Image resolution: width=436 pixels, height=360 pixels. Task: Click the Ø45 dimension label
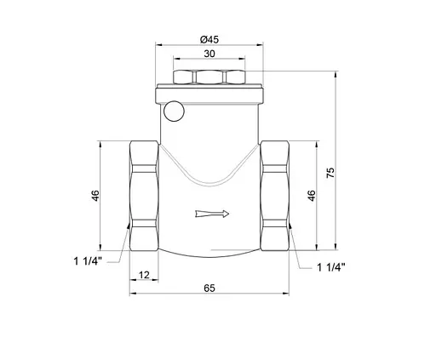(x=209, y=39)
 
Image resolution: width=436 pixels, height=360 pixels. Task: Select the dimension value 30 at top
(x=209, y=54)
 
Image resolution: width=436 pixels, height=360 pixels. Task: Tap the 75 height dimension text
(x=329, y=171)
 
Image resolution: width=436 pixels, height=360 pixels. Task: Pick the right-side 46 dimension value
(x=312, y=195)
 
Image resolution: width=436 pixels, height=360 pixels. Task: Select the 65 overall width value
(x=209, y=289)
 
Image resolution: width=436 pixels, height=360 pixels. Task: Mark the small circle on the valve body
(x=175, y=110)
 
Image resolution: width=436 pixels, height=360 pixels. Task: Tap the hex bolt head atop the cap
(x=209, y=77)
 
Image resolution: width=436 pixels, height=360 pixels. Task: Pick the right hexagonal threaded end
(x=277, y=195)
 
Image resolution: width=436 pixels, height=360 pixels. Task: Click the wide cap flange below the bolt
(x=209, y=94)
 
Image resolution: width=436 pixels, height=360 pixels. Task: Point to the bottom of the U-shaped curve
(x=209, y=180)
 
